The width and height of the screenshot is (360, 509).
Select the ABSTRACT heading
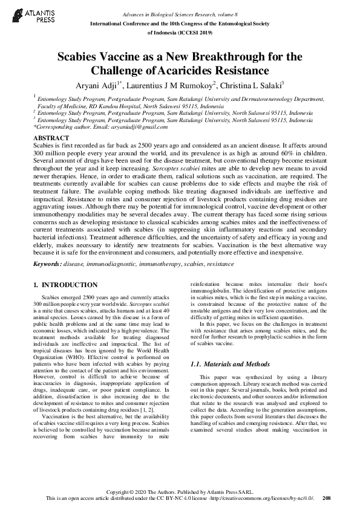[53, 138]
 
